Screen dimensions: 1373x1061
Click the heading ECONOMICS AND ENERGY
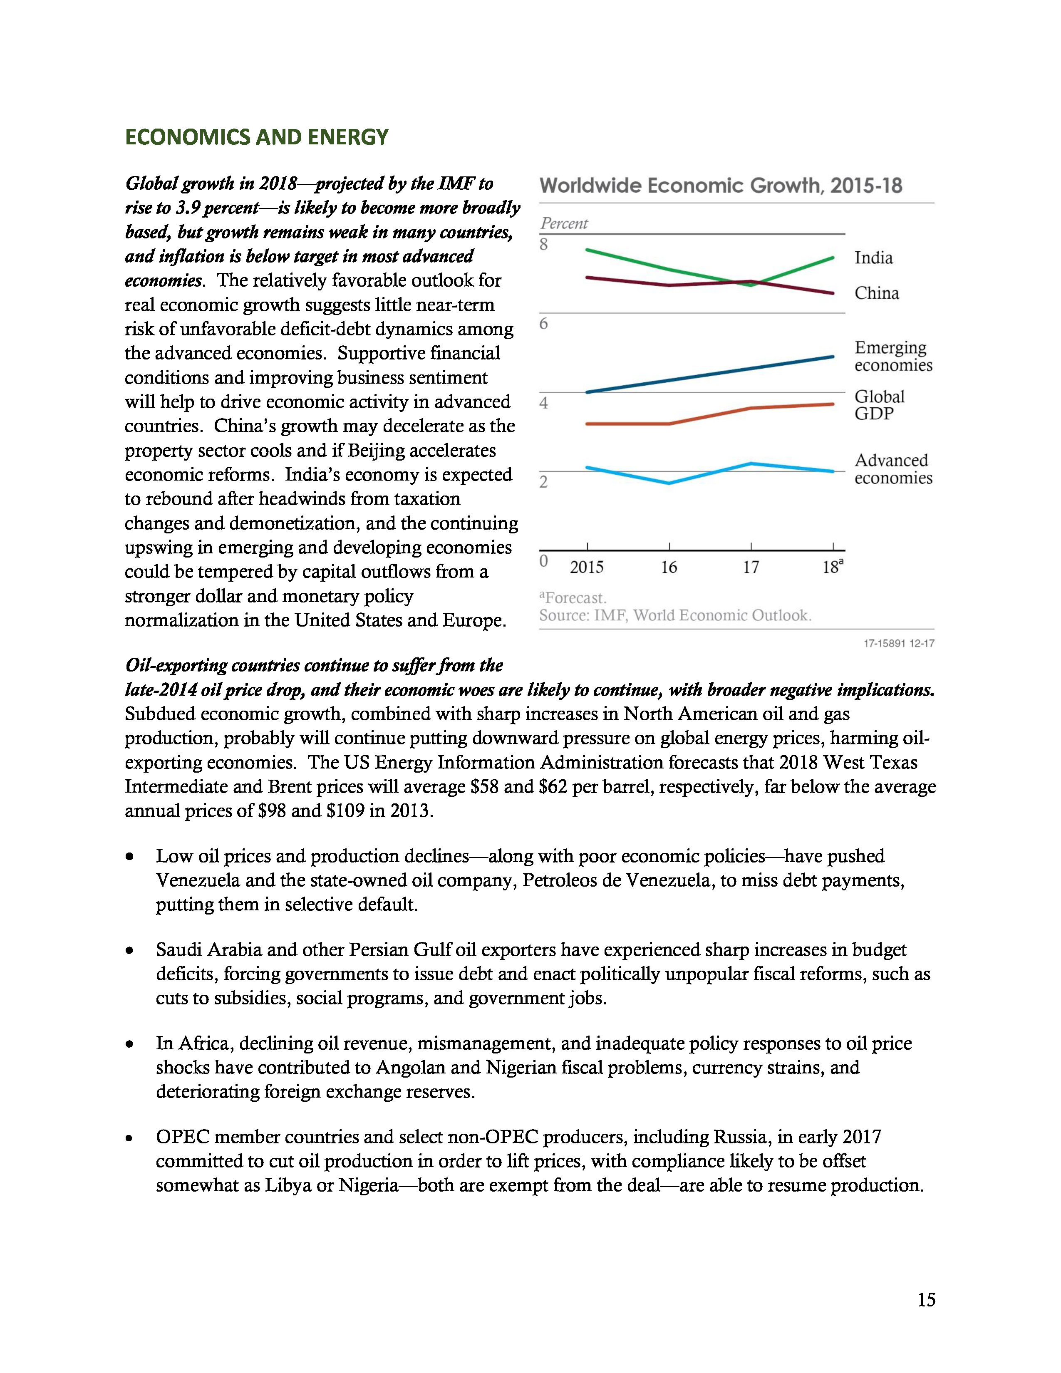pyautogui.click(x=256, y=137)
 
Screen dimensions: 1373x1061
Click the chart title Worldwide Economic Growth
pyautogui.click(x=720, y=186)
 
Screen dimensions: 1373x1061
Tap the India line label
pyautogui.click(x=873, y=258)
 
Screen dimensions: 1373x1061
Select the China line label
pyautogui.click(x=876, y=293)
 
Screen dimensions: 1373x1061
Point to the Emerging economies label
pyautogui.click(x=892, y=357)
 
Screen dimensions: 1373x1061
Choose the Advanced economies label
pyautogui.click(x=892, y=469)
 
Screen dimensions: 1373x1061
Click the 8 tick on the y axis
pyautogui.click(x=544, y=245)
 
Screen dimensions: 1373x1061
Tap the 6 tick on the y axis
pyautogui.click(x=544, y=324)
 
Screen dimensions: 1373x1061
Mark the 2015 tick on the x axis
pyautogui.click(x=586, y=567)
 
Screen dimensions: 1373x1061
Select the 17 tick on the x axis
pyautogui.click(x=751, y=567)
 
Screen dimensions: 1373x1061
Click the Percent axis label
pyautogui.click(x=564, y=223)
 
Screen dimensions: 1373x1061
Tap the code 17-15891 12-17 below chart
pyautogui.click(x=898, y=643)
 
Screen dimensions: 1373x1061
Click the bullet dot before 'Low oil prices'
pyautogui.click(x=129, y=857)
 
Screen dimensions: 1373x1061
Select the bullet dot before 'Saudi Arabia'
pyautogui.click(x=129, y=951)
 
